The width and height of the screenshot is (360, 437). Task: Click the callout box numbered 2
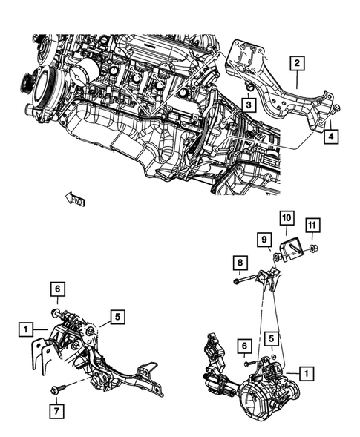point(296,65)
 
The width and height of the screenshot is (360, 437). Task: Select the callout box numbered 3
point(249,106)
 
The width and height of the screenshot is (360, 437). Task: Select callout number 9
point(264,239)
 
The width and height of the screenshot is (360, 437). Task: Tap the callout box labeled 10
point(287,218)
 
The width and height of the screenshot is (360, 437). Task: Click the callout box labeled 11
point(313,225)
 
